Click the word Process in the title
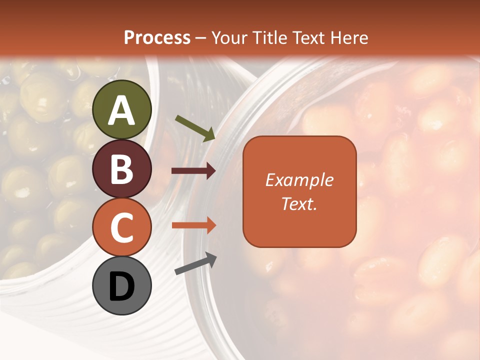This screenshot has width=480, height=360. pos(157,37)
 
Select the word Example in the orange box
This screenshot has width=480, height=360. pos(299,180)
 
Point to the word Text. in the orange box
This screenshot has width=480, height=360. pos(299,203)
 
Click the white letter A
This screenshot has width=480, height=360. pos(122,110)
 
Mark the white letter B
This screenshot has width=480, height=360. pos(122,170)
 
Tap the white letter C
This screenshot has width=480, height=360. pos(122,228)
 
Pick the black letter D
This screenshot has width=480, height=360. pos(122,286)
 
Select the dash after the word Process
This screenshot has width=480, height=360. pos(201,38)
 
